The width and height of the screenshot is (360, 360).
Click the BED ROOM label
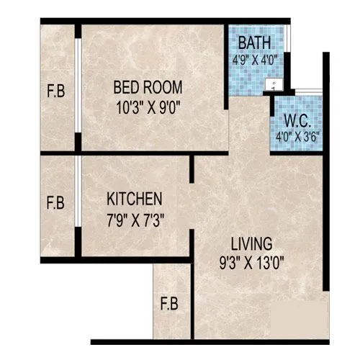(x=148, y=87)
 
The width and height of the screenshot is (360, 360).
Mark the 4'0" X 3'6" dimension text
(x=295, y=133)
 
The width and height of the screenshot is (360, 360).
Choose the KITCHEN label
(x=135, y=198)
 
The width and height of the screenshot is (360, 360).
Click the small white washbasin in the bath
(x=271, y=84)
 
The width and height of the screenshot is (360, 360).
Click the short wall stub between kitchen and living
(x=192, y=169)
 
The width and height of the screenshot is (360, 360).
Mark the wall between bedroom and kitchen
(x=133, y=153)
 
